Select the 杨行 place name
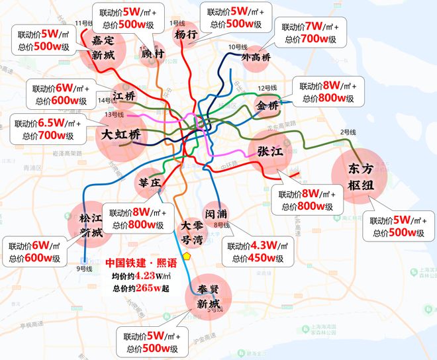point(187,34)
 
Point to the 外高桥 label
point(256,58)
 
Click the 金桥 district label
point(269,106)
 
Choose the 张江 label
point(269,151)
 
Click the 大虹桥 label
point(121,135)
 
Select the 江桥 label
point(124,97)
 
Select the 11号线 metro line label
point(84,23)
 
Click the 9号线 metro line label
point(84,268)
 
